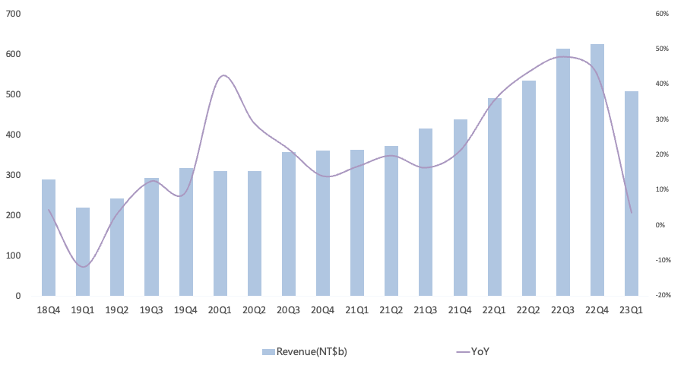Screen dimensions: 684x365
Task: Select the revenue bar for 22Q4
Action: (x=597, y=170)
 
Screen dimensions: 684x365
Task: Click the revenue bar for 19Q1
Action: (x=83, y=252)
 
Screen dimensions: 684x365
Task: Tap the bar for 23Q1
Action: (x=632, y=193)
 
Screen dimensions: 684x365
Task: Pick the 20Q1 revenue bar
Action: (x=220, y=233)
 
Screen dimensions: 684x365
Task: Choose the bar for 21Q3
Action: (x=426, y=212)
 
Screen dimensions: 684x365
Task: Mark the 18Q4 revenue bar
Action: (x=49, y=237)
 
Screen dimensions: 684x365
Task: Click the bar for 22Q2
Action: (x=529, y=188)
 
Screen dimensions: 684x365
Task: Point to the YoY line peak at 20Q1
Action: (x=223, y=75)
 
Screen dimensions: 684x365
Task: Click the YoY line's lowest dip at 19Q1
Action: (x=83, y=266)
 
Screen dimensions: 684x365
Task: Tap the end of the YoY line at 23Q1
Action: (x=632, y=213)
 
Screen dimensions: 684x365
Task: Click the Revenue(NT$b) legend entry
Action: (x=305, y=351)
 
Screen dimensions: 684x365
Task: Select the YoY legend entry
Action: (x=473, y=351)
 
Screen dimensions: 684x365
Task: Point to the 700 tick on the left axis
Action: (x=13, y=14)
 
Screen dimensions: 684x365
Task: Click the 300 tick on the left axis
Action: (x=13, y=175)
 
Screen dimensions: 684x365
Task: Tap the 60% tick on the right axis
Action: (x=662, y=14)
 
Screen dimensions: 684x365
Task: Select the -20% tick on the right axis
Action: (x=662, y=296)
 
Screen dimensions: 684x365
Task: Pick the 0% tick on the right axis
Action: (x=660, y=225)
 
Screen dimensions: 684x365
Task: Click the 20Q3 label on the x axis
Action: (x=288, y=310)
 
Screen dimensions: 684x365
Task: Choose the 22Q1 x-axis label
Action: (x=494, y=310)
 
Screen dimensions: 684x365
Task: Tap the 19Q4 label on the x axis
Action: (x=186, y=310)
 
